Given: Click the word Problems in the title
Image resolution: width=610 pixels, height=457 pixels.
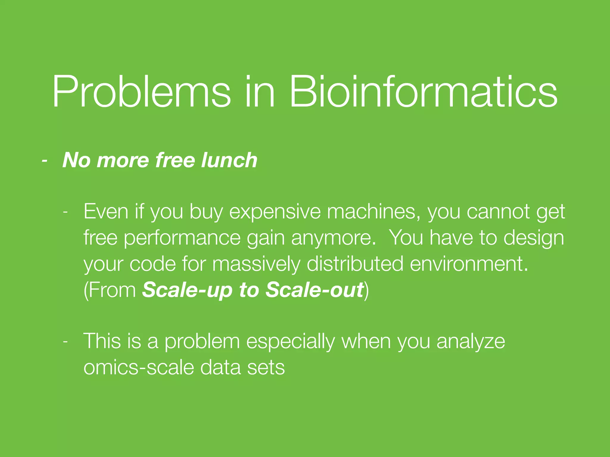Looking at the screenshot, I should (141, 92).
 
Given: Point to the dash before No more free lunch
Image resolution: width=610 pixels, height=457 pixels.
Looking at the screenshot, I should (45, 161).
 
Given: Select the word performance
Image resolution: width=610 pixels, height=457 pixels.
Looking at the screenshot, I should (182, 238).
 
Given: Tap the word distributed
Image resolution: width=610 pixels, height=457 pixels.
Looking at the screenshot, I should (355, 264).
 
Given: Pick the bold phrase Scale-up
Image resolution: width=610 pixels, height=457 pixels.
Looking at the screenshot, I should (187, 290).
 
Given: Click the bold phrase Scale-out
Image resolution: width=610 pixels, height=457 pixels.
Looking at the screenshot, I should (315, 289).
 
